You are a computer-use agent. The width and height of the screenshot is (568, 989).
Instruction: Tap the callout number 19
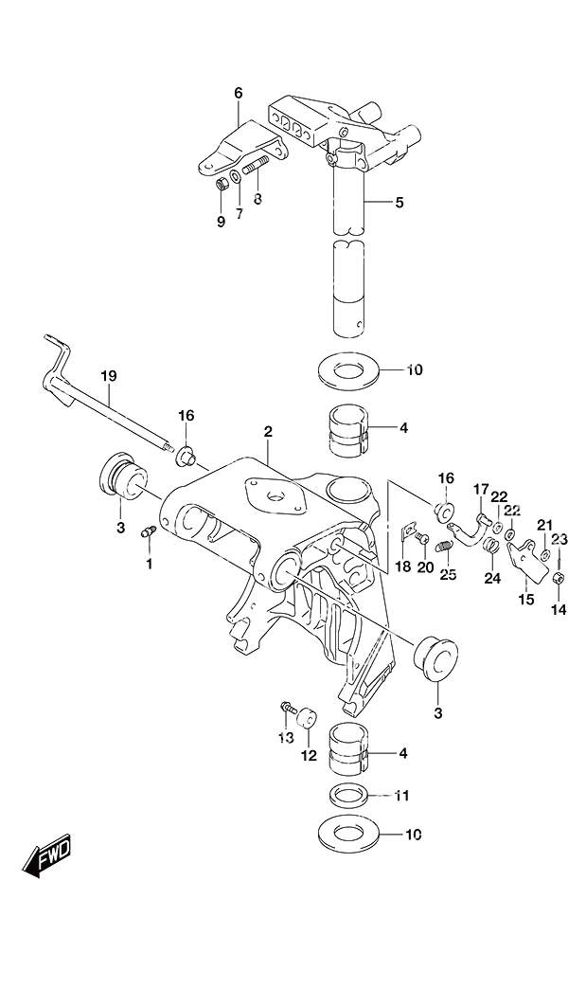(109, 376)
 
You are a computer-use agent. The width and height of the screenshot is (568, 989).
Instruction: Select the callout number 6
(238, 94)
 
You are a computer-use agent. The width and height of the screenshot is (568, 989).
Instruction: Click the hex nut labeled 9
(222, 185)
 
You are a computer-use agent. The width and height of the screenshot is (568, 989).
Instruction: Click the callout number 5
(399, 203)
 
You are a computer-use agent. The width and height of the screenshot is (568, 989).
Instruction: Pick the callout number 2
(268, 432)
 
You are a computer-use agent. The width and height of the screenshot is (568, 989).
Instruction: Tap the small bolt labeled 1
(149, 533)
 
